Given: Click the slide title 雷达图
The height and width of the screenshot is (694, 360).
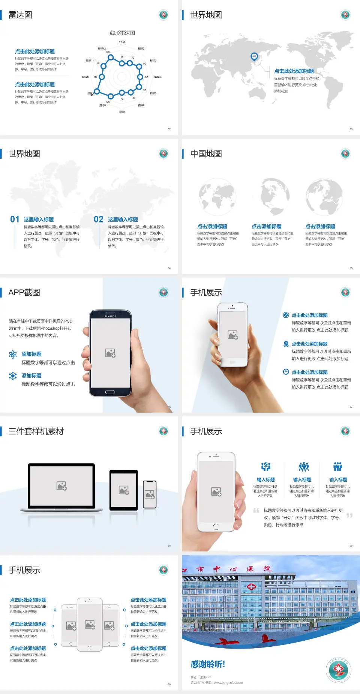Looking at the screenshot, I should point(20,15).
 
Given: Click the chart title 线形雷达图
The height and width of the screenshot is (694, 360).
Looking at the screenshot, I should point(122,33).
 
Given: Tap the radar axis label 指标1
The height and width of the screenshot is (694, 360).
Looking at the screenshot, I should point(122,42).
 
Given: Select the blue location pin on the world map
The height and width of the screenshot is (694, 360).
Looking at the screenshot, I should point(254,57).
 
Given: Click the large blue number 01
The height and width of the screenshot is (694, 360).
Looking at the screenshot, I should point(15,219).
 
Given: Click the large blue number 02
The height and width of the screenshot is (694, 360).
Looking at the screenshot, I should point(99,219).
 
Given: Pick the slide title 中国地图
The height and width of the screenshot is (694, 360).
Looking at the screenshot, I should point(206,154).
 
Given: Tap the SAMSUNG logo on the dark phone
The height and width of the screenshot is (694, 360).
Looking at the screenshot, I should point(110,316).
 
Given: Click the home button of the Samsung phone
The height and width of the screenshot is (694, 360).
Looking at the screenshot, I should point(110,392).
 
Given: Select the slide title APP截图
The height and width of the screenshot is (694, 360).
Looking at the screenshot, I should point(24,293).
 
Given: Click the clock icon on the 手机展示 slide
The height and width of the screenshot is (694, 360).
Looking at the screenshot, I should point(286,372).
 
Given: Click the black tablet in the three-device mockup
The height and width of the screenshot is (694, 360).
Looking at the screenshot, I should point(124,490).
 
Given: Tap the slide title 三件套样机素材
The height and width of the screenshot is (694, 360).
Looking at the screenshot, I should point(36,431).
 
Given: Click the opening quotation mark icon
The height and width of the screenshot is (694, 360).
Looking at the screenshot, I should point(256,511).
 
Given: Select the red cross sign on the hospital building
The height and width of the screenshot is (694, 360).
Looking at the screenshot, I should point(251,587).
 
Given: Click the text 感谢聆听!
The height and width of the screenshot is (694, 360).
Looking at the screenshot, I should point(208,664).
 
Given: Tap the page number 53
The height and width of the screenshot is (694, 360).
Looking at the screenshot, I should point(351,129).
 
